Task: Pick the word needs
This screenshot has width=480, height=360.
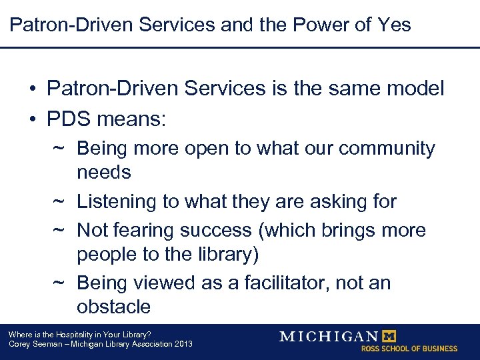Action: point(104,172)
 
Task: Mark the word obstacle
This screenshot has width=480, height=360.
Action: point(113,307)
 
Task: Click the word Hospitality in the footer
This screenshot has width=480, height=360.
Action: point(73,335)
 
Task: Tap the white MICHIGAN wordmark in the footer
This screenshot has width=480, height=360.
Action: point(329,336)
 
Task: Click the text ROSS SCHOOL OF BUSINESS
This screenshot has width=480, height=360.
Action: point(409,349)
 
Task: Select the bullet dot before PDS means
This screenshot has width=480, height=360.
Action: point(32,120)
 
